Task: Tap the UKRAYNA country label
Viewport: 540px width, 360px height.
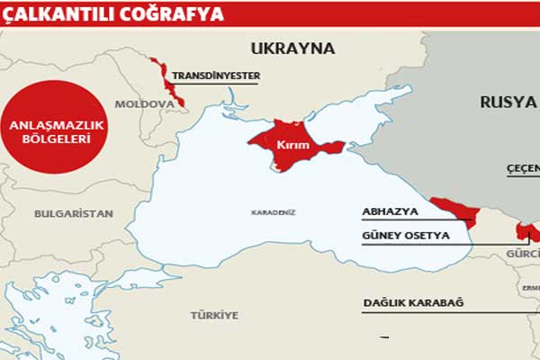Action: point(292,48)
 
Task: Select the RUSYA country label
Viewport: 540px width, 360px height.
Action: point(508,102)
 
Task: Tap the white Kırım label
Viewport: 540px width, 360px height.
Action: point(286,143)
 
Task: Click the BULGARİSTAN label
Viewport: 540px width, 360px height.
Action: point(74,213)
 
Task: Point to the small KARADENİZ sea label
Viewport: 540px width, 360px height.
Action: point(274,212)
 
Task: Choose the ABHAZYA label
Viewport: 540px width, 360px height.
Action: point(390,210)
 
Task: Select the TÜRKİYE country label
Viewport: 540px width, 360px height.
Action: point(214,315)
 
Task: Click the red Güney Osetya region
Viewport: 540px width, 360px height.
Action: point(523,229)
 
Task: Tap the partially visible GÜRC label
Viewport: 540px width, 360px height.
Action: point(523,255)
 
